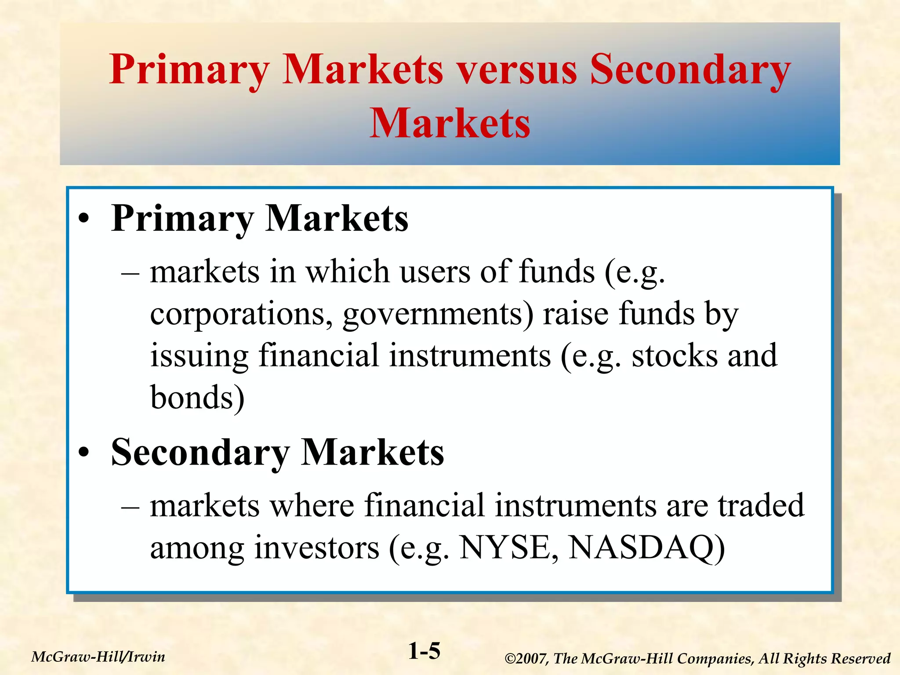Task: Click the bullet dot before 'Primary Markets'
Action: [x=84, y=219]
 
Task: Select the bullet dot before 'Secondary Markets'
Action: [x=84, y=453]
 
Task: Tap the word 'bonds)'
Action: [x=197, y=397]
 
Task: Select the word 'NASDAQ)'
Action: [x=646, y=548]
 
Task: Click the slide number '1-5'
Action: [x=424, y=651]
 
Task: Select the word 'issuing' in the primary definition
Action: [x=200, y=356]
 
